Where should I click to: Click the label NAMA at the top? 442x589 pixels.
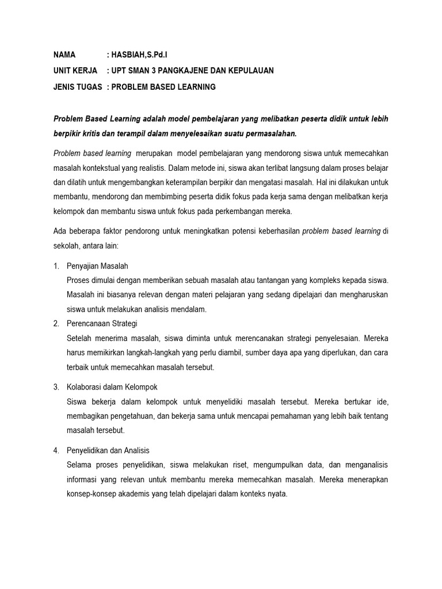pos(64,55)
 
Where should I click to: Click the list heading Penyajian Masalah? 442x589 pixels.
pos(98,266)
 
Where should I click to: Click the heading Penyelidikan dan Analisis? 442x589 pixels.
pos(108,450)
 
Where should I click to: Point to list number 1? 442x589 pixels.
pos(56,266)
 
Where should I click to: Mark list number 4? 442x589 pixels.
pos(56,450)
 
